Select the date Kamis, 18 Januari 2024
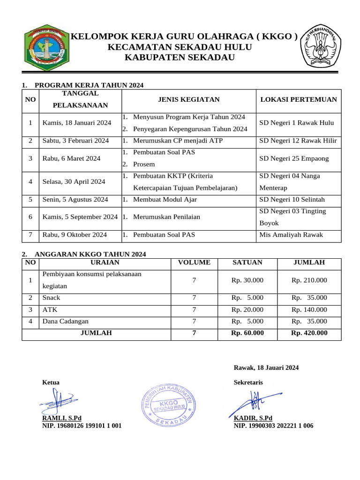[x=76, y=123]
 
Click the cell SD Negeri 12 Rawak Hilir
[x=298, y=141]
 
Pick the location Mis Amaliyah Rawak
[x=291, y=235]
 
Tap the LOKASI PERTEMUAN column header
[x=298, y=99]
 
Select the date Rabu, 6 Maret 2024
[x=71, y=158]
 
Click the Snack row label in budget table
[x=52, y=298]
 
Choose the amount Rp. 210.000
[x=309, y=280]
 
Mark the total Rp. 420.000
[x=309, y=333]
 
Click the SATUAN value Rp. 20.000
[x=247, y=309]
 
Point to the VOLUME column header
[x=194, y=262]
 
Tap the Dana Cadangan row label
[x=65, y=321]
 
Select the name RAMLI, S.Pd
[x=62, y=418]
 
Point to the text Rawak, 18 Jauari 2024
[x=266, y=367]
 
